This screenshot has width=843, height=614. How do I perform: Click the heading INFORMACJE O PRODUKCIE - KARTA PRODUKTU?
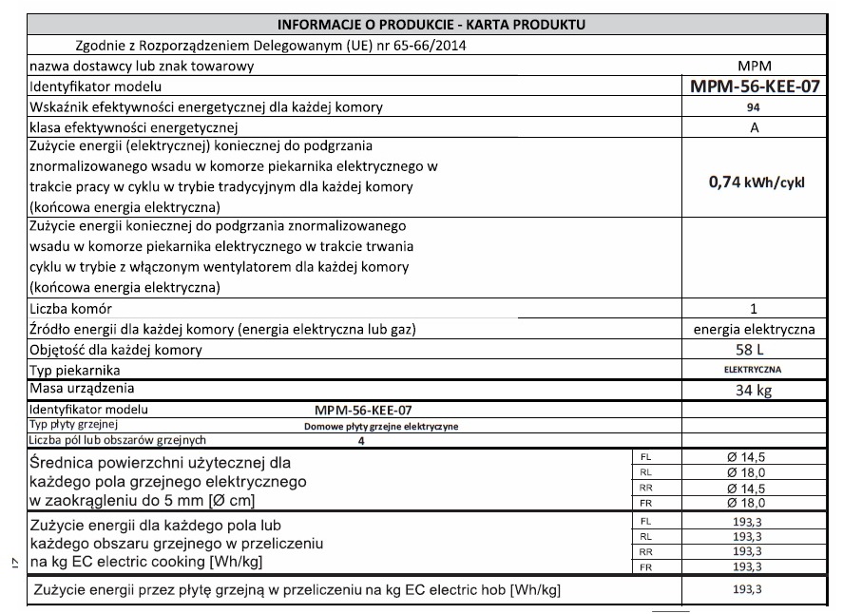coord(431,23)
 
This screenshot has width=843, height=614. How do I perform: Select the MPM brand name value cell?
coord(753,67)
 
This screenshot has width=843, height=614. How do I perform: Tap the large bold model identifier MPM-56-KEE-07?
coord(753,87)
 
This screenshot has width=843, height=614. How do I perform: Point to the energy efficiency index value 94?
coord(753,108)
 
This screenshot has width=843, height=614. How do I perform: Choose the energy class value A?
coord(753,128)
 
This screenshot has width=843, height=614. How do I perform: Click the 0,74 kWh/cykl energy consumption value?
coord(756,182)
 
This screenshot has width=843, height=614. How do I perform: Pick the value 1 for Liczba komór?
coord(753,309)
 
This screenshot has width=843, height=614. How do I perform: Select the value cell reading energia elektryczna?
coord(754,329)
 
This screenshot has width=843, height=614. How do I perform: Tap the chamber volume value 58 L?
coord(753,350)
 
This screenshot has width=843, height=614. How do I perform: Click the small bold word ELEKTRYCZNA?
coord(753,369)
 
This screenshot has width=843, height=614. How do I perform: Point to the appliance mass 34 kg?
coord(753,391)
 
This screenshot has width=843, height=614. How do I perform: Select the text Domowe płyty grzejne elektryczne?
coord(374,427)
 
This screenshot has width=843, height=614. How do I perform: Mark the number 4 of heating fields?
coord(361,441)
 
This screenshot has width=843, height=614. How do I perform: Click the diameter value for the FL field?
coord(746,457)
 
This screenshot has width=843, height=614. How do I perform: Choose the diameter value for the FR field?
coord(746,503)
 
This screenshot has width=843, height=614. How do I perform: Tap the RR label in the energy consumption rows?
coord(646,551)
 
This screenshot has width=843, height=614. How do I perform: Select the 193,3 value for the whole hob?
coord(745,590)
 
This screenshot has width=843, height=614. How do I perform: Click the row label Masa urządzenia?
coord(82,388)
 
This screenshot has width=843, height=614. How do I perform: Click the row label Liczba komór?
coord(71,309)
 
